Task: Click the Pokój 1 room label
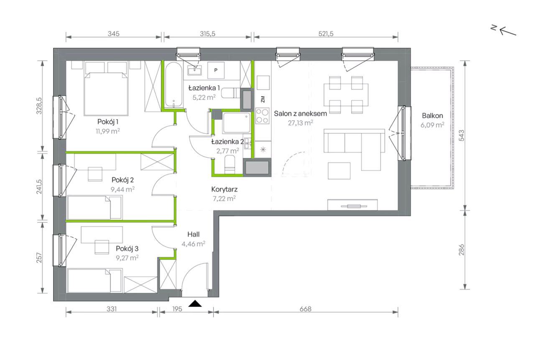coord(108,122)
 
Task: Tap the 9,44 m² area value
coord(122,189)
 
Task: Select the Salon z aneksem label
coord(300,113)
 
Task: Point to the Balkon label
coord(432,116)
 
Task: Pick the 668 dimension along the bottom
coord(306,309)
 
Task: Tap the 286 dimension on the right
coord(461,250)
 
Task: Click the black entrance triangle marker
coord(195,304)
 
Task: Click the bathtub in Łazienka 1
coord(174,84)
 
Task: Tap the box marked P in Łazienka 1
coord(216,70)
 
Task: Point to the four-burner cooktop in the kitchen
coord(262,116)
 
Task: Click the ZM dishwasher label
coord(263,99)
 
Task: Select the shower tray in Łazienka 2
coord(237,123)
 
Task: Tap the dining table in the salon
coord(346,94)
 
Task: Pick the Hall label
coord(194,234)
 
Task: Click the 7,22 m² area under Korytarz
coord(224,199)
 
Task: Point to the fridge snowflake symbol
coord(263,150)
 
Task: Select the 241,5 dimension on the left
coord(39,186)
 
